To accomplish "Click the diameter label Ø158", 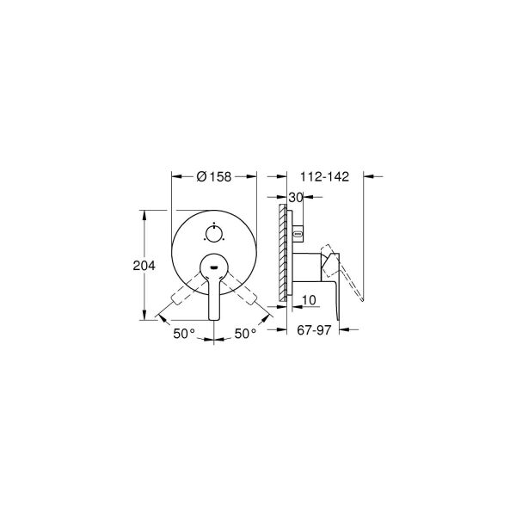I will tap(215, 177).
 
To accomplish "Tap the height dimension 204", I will tap(143, 266).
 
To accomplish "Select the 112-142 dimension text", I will tap(325, 177).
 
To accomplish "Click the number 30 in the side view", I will tap(297, 197).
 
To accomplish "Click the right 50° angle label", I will tap(245, 333).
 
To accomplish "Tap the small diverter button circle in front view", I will tap(214, 232).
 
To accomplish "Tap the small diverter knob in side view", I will tap(298, 232).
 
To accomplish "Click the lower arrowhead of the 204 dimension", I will tap(143, 319).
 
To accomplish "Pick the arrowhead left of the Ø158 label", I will tap(176, 177).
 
